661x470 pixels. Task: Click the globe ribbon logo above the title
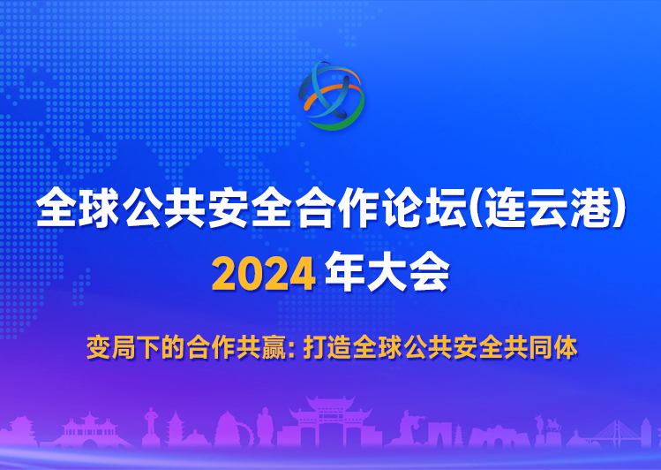click(x=331, y=95)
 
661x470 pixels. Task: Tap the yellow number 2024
click(x=264, y=275)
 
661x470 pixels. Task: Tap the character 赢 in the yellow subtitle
click(x=274, y=347)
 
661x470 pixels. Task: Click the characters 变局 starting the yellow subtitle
click(x=111, y=347)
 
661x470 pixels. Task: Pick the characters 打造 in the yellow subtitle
click(x=327, y=347)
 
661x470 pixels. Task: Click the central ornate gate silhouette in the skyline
click(x=330, y=422)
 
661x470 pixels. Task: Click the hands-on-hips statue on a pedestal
click(x=151, y=425)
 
